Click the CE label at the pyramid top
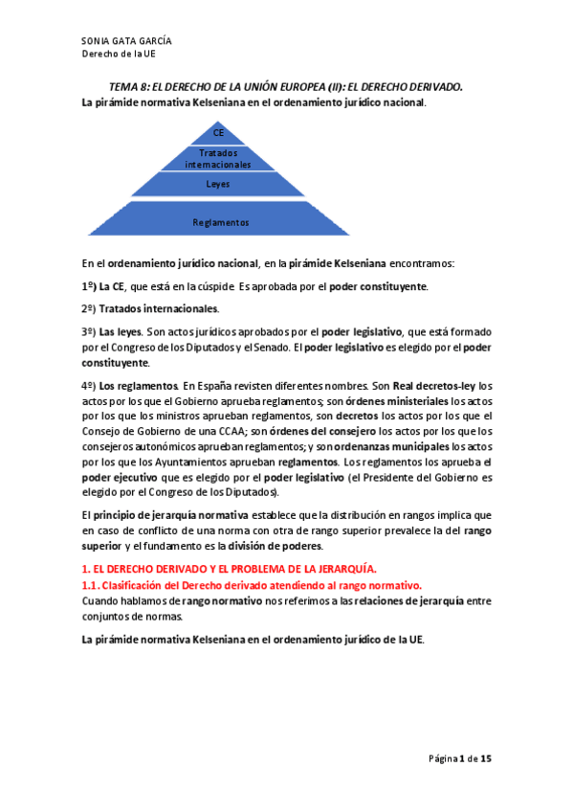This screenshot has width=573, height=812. pos(219,133)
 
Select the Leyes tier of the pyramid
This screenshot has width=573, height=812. pos(218,182)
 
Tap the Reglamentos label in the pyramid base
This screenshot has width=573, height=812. pos(220,222)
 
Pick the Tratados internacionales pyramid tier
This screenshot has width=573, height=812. pos(218,158)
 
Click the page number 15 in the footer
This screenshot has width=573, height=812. pos(486,758)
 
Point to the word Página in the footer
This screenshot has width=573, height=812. pos(442,758)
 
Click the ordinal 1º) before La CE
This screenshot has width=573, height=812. pos(89,287)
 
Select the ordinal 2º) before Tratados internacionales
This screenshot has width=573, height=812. pos(89,308)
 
